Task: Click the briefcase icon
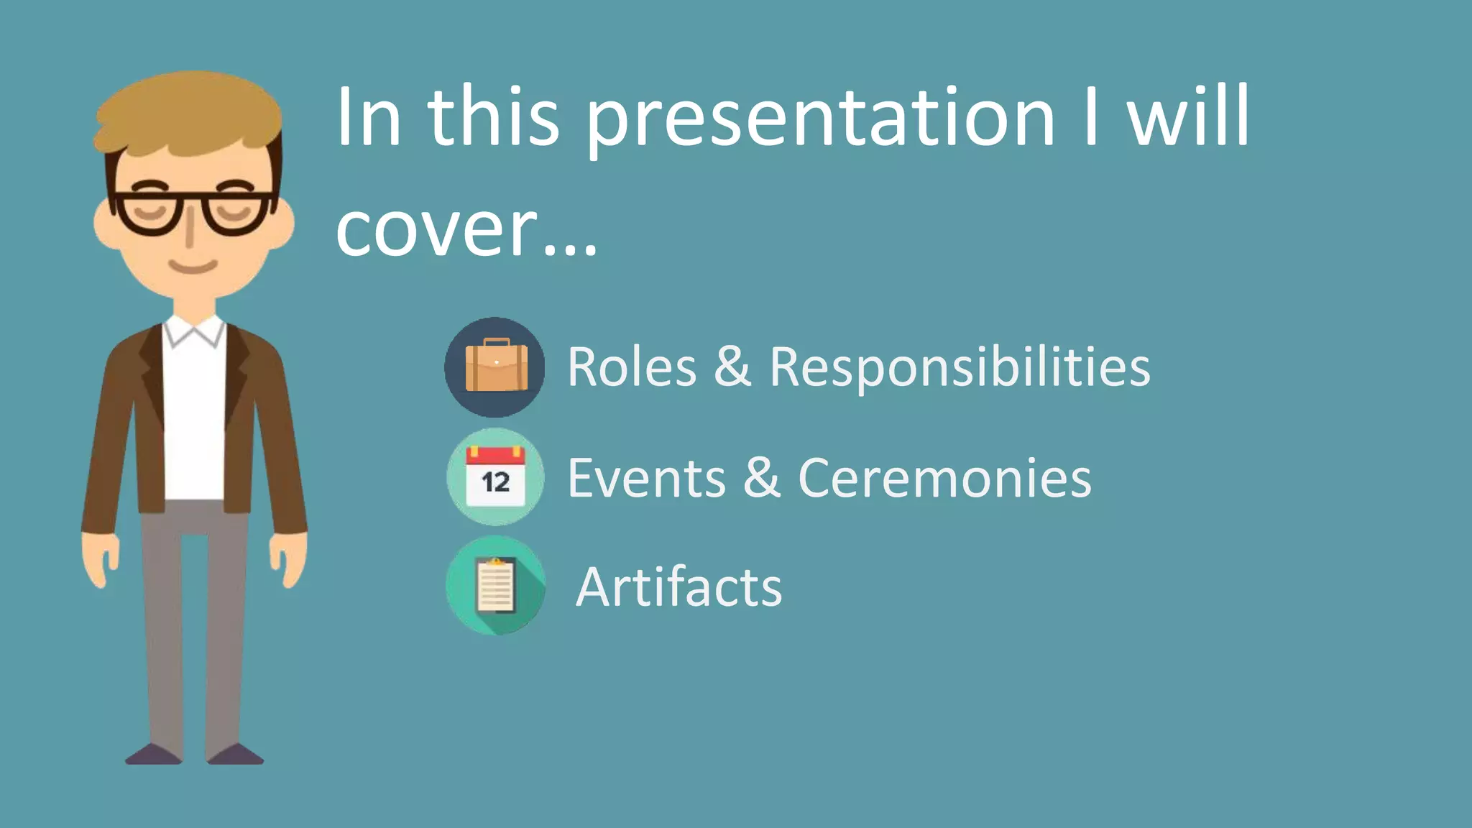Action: (x=495, y=367)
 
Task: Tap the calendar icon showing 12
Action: (x=495, y=477)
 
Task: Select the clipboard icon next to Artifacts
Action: (x=495, y=585)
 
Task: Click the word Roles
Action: (x=632, y=367)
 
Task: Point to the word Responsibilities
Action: (x=960, y=367)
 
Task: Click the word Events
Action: (x=646, y=478)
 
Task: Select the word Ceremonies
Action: (x=944, y=478)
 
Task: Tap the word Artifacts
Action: (x=678, y=587)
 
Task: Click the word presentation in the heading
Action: (x=820, y=119)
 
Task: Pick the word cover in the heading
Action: (x=436, y=230)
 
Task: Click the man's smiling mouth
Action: (x=193, y=267)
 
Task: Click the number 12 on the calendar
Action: (x=495, y=482)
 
